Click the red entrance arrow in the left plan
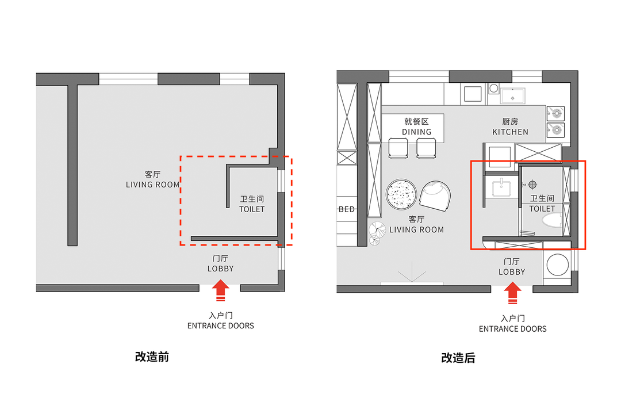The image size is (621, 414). (221, 290)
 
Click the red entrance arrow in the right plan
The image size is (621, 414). (512, 293)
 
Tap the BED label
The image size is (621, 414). (347, 209)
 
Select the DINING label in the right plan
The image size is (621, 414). (417, 132)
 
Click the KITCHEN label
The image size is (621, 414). (510, 132)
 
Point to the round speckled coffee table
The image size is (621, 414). (401, 194)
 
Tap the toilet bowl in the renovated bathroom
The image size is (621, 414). (551, 220)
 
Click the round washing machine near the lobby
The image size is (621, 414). (557, 264)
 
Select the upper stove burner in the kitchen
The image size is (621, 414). (556, 114)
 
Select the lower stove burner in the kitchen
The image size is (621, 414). (556, 130)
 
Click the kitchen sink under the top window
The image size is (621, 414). (512, 96)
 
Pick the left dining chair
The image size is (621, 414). (398, 148)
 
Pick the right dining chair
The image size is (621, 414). (426, 148)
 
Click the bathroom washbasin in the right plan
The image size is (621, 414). (502, 188)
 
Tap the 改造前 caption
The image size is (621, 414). (152, 356)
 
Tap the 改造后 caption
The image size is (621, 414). (458, 358)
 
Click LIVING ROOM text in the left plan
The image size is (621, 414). (153, 185)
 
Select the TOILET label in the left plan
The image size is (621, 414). (252, 209)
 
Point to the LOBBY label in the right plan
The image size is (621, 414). (512, 272)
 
